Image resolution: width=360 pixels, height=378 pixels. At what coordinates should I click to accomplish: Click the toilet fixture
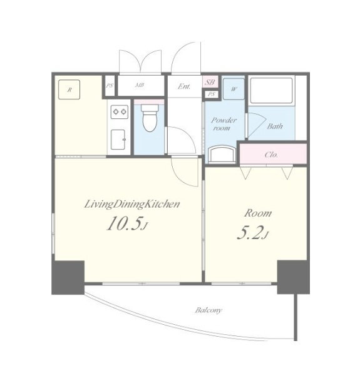pyautogui.click(x=149, y=118)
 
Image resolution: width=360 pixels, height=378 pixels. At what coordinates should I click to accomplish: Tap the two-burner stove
pyautogui.click(x=120, y=111)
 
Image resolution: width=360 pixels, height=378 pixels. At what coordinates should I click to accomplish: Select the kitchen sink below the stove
pyautogui.click(x=118, y=139)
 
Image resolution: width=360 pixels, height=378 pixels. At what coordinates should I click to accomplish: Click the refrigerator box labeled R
pyautogui.click(x=69, y=89)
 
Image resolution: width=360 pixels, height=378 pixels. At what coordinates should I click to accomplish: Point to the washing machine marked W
pyautogui.click(x=234, y=89)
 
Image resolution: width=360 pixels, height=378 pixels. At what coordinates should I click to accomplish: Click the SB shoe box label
pyautogui.click(x=210, y=82)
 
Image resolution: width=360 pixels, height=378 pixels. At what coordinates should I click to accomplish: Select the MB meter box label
pyautogui.click(x=140, y=85)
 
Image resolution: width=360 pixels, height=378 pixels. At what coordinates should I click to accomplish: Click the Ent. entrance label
pyautogui.click(x=184, y=86)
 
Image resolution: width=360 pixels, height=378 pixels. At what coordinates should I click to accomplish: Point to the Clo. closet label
pyautogui.click(x=271, y=155)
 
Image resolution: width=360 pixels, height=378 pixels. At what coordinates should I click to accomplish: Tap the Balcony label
pyautogui.click(x=208, y=310)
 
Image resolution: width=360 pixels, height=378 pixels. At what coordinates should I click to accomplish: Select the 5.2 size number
pyautogui.click(x=250, y=233)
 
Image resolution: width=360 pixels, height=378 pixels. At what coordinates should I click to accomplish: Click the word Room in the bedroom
pyautogui.click(x=258, y=213)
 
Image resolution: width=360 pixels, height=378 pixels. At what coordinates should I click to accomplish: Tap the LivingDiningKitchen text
pyautogui.click(x=132, y=205)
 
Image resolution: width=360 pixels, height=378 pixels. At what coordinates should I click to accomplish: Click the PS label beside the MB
pyautogui.click(x=110, y=86)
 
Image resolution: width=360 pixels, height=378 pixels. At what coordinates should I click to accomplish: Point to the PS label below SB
pyautogui.click(x=211, y=94)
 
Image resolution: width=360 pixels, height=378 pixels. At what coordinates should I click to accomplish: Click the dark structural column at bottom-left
pyautogui.click(x=68, y=277)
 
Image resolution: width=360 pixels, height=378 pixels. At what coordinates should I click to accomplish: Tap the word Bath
pyautogui.click(x=275, y=126)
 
